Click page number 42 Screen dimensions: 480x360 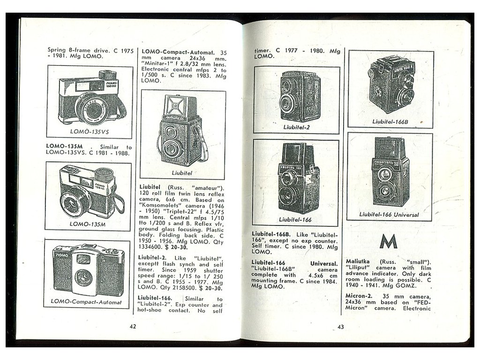point(133,327)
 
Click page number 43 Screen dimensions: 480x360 point(341,327)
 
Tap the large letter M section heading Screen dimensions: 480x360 point(388,241)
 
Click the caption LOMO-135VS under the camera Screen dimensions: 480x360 point(90,132)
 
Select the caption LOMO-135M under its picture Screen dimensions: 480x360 point(88,224)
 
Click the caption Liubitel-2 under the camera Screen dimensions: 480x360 point(296,127)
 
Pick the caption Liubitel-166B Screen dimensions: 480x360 point(390,121)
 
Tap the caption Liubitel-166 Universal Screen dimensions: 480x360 point(389,215)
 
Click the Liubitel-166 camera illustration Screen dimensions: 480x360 point(296,178)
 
